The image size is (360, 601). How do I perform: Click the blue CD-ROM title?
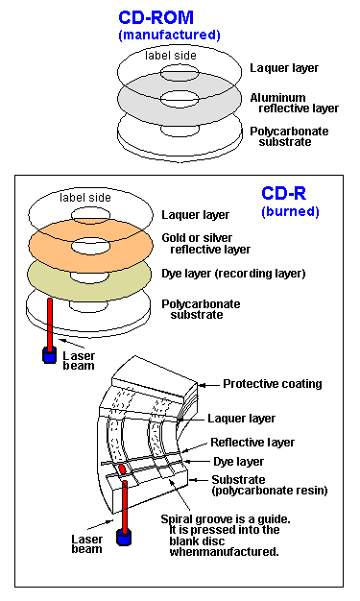pos(168,17)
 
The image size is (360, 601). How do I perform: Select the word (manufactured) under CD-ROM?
pos(168,35)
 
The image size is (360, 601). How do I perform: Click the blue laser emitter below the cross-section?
pos(122,538)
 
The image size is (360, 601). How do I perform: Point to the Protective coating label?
pos(272,384)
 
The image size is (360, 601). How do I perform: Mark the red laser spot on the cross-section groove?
pos(122,469)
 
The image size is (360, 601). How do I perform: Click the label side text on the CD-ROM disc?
pos(171,55)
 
